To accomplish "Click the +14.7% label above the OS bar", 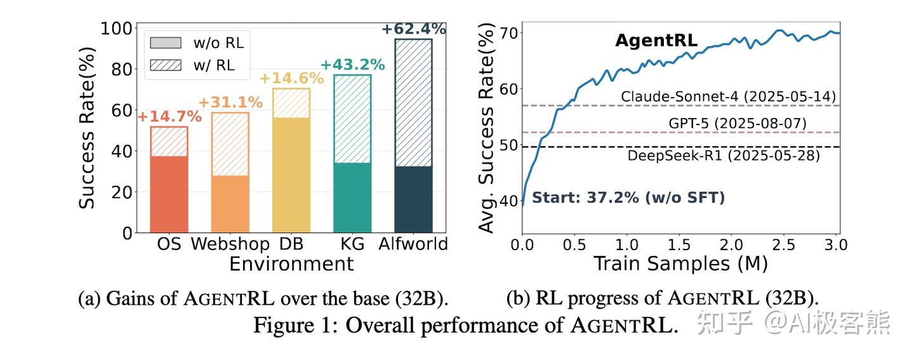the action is pyautogui.click(x=169, y=117).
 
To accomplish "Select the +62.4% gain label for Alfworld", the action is pyautogui.click(x=414, y=29).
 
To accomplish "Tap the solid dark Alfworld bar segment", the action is pyautogui.click(x=413, y=199).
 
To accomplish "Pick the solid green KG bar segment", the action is pyautogui.click(x=352, y=198).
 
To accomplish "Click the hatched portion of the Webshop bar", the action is pyautogui.click(x=230, y=144).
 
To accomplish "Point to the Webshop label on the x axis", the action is pyautogui.click(x=230, y=244).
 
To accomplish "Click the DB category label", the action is pyautogui.click(x=291, y=244).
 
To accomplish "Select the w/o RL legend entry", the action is pyautogui.click(x=197, y=43).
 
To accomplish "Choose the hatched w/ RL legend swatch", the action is pyautogui.click(x=166, y=65).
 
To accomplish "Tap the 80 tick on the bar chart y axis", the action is pyautogui.click(x=122, y=70).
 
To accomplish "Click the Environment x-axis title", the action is pyautogui.click(x=291, y=263).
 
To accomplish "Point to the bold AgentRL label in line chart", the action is pyautogui.click(x=656, y=41).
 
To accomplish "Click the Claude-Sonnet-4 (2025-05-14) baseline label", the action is pyautogui.click(x=729, y=97).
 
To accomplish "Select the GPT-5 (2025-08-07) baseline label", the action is pyautogui.click(x=738, y=123).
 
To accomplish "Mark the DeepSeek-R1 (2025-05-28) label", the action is pyautogui.click(x=724, y=156).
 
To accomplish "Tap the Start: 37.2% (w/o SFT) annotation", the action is pyautogui.click(x=629, y=197).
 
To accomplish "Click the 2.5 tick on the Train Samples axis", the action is pyautogui.click(x=783, y=245).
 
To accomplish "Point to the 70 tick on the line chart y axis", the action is pyautogui.click(x=508, y=33).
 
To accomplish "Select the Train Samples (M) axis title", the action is pyautogui.click(x=680, y=263).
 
